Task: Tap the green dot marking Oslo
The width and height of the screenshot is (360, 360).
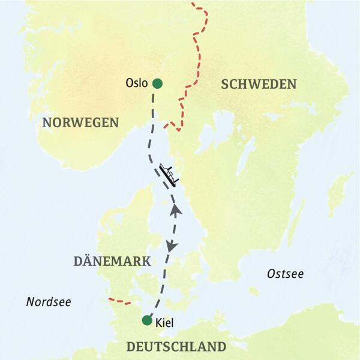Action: click(x=157, y=83)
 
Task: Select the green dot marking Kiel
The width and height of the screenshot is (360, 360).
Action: click(x=147, y=320)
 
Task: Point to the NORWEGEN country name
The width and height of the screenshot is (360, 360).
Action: click(x=80, y=122)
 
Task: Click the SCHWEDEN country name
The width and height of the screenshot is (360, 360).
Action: click(x=259, y=84)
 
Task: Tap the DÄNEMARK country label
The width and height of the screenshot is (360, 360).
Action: click(x=112, y=261)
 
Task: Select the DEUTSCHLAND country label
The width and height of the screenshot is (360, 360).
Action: click(x=176, y=347)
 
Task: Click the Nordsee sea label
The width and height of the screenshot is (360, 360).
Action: click(x=49, y=302)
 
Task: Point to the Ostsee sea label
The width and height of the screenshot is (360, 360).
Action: click(x=285, y=274)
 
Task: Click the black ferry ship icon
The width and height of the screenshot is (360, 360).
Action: click(x=169, y=175)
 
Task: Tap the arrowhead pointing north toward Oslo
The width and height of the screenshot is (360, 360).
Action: click(x=176, y=209)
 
